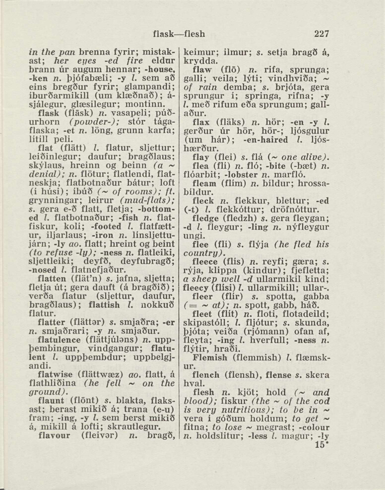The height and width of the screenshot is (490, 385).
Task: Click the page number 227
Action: coord(321,34)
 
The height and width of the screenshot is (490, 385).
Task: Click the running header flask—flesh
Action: coord(179,34)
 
